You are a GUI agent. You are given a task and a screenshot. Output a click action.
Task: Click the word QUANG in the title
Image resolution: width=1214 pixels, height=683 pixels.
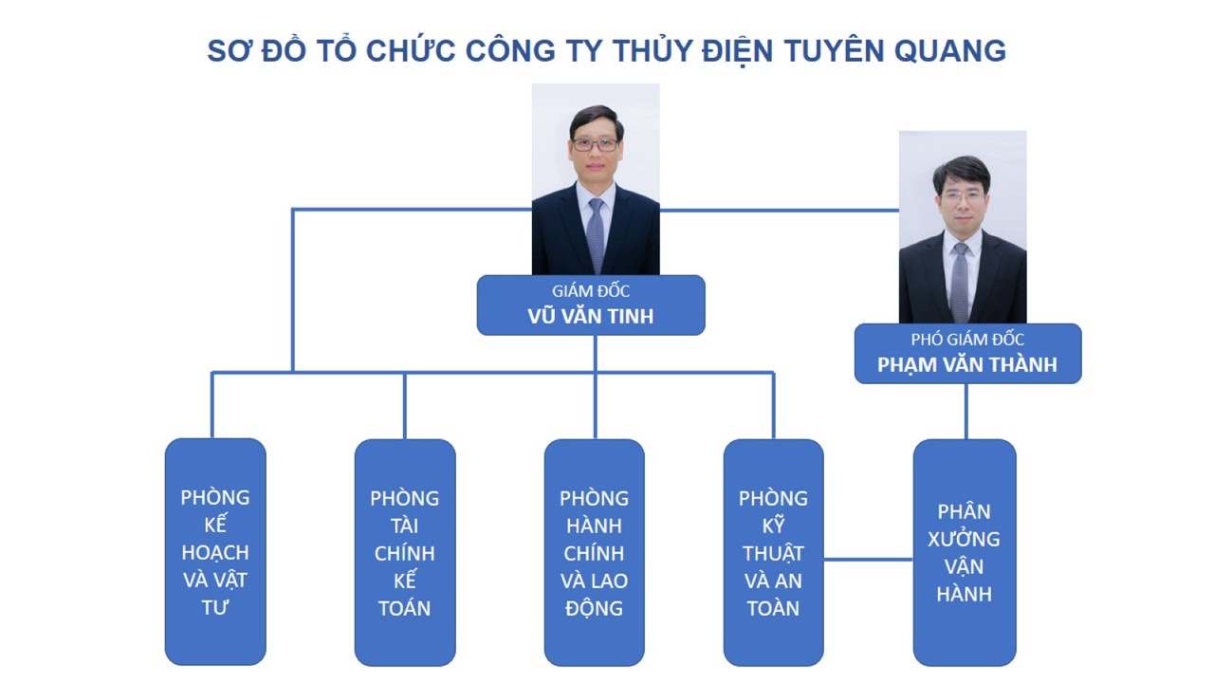950,51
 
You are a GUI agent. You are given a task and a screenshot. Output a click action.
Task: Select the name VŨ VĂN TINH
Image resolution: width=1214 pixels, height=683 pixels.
591,316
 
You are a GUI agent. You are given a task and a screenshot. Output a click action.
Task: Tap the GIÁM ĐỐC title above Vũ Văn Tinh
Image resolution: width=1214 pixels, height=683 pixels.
591,291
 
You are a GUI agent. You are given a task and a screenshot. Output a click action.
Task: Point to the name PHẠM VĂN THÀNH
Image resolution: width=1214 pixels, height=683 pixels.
967,365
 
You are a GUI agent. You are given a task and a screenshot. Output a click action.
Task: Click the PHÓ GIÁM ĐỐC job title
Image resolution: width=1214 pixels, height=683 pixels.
967,340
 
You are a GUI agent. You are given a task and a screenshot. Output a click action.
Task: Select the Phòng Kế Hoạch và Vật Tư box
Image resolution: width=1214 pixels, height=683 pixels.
215,552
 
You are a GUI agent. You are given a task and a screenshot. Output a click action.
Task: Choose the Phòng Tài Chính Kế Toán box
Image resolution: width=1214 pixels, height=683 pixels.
405,552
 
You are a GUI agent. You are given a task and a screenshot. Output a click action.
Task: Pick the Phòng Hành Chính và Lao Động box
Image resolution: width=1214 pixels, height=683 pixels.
595,552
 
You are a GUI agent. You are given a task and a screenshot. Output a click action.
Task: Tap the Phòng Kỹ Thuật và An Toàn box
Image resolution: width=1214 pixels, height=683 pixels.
773,552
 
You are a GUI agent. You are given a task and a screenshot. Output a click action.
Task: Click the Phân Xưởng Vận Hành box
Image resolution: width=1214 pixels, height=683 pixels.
965,552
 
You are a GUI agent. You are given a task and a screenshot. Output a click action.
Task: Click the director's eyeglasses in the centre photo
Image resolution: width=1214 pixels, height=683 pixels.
595,145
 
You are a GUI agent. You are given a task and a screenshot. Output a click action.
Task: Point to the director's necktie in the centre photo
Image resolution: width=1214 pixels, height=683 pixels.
596,234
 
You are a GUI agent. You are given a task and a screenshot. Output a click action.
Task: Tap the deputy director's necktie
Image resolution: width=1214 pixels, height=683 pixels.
961,281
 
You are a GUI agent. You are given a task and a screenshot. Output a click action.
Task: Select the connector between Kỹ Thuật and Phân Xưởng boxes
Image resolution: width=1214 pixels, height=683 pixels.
869,559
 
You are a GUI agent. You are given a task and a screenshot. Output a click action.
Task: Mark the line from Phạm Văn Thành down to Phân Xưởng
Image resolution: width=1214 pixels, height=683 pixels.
966,412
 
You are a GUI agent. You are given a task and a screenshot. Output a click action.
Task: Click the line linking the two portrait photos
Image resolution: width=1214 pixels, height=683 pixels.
780,211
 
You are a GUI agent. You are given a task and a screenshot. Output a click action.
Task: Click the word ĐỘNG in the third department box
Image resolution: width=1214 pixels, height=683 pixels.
595,608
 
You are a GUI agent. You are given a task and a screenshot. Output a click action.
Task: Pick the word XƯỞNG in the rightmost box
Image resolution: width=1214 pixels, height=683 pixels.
965,539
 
